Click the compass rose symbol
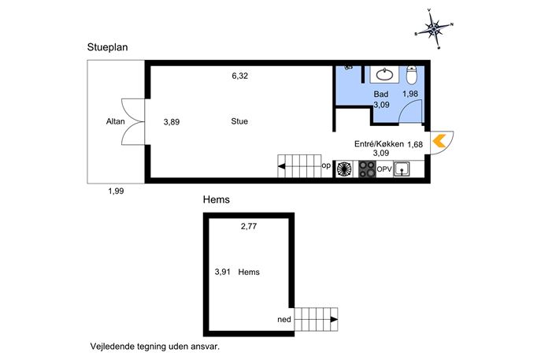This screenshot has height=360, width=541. (434, 29)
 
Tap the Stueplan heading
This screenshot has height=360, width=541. (107, 47)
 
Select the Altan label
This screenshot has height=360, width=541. (115, 121)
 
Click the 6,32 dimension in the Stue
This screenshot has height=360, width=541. (240, 76)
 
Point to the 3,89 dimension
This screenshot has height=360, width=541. (172, 122)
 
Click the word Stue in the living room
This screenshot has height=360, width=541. (239, 121)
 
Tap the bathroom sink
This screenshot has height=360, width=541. (384, 74)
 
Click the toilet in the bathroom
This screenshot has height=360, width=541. (412, 75)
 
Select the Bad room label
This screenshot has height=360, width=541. (381, 94)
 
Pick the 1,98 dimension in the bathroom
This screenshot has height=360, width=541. (410, 94)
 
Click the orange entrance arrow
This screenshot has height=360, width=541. (439, 141)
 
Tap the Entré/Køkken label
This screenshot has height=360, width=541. (379, 143)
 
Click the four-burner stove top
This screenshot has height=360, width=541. (367, 169)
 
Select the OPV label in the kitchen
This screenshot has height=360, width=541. (384, 169)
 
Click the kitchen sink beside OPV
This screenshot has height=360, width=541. (402, 169)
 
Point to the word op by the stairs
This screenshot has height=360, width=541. (326, 166)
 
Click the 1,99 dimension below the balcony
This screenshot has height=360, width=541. (116, 191)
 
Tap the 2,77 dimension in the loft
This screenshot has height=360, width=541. (249, 226)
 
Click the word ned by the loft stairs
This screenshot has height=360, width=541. (284, 319)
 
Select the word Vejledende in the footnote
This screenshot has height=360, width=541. (112, 346)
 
